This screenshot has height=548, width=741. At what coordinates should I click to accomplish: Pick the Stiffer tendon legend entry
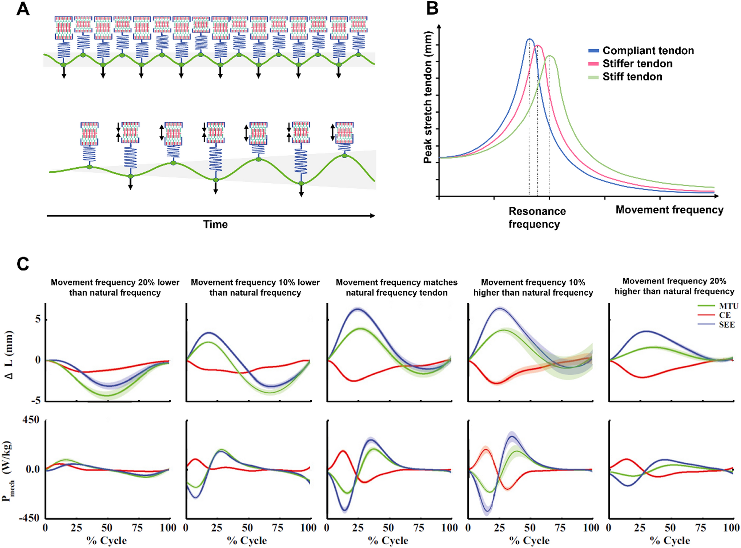click(637, 64)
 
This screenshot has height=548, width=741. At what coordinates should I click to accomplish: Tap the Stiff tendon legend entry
click(632, 77)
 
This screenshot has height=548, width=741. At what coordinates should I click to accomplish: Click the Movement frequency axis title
click(669, 210)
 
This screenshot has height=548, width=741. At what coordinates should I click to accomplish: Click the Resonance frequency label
click(537, 217)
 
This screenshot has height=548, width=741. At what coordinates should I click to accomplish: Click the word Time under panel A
click(215, 224)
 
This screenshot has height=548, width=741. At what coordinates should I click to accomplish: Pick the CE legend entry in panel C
click(725, 315)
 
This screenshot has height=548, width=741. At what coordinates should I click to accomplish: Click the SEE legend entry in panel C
click(726, 325)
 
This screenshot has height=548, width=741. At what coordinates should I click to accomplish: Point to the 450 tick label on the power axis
click(31, 420)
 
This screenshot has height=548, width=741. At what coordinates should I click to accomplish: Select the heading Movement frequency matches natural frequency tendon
click(396, 287)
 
